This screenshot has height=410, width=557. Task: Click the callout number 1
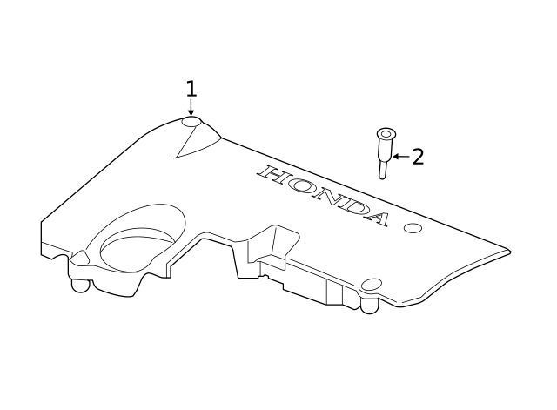(x=191, y=89)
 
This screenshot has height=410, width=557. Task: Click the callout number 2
(x=418, y=157)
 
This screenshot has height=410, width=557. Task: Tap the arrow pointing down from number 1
(x=191, y=107)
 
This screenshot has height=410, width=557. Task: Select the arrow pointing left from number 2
(x=401, y=157)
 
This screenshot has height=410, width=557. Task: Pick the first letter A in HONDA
(x=376, y=218)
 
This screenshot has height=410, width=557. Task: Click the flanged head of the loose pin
(x=386, y=134)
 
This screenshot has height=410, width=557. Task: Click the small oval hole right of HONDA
(x=413, y=228)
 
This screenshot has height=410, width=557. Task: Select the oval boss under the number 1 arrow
(x=191, y=122)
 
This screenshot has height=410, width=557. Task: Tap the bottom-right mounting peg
(x=370, y=306)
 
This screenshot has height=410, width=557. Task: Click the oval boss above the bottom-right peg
(x=372, y=285)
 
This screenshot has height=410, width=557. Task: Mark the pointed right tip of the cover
(x=511, y=252)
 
